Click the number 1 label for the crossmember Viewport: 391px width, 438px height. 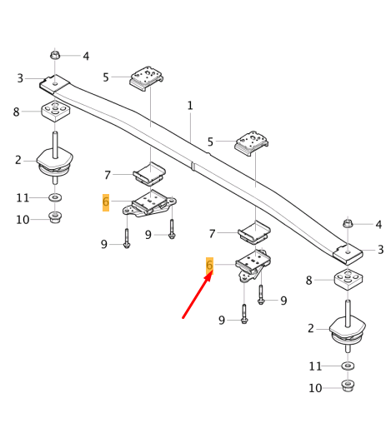pyautogui.click(x=190, y=106)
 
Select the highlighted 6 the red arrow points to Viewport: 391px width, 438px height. pyautogui.click(x=210, y=265)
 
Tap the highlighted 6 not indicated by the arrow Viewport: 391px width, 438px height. pyautogui.click(x=106, y=202)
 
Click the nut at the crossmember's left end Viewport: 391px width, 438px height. pyautogui.click(x=55, y=56)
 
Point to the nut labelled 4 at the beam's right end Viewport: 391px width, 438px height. pyautogui.click(x=348, y=224)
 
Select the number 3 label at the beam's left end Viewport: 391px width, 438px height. pyautogui.click(x=20, y=78)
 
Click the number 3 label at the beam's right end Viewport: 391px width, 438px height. pyautogui.click(x=380, y=250)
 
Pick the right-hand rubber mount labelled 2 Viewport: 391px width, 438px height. pyautogui.click(x=347, y=329)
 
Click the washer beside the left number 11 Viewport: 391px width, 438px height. pyautogui.click(x=55, y=197)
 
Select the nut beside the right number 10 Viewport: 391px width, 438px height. pyautogui.click(x=347, y=386)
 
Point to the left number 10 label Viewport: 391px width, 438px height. pyautogui.click(x=23, y=220)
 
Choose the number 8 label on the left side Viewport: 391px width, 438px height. pyautogui.click(x=16, y=112)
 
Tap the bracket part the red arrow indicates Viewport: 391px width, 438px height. pyautogui.click(x=251, y=266)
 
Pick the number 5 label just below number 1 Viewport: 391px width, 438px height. pyautogui.click(x=210, y=142)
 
